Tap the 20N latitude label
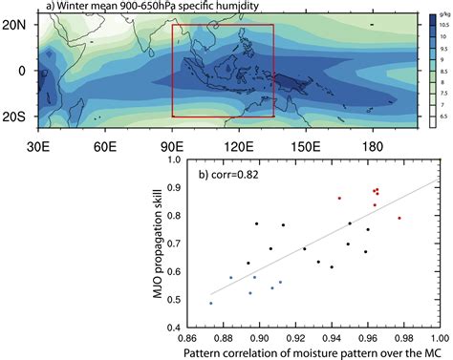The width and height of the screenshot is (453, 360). (x=14, y=26)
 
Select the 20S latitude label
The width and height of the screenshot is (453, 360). (x=14, y=116)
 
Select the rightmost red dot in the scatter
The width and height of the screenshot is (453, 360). (x=399, y=218)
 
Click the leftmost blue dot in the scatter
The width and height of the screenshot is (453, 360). (x=211, y=303)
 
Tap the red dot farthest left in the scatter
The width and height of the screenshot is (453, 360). (x=339, y=198)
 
